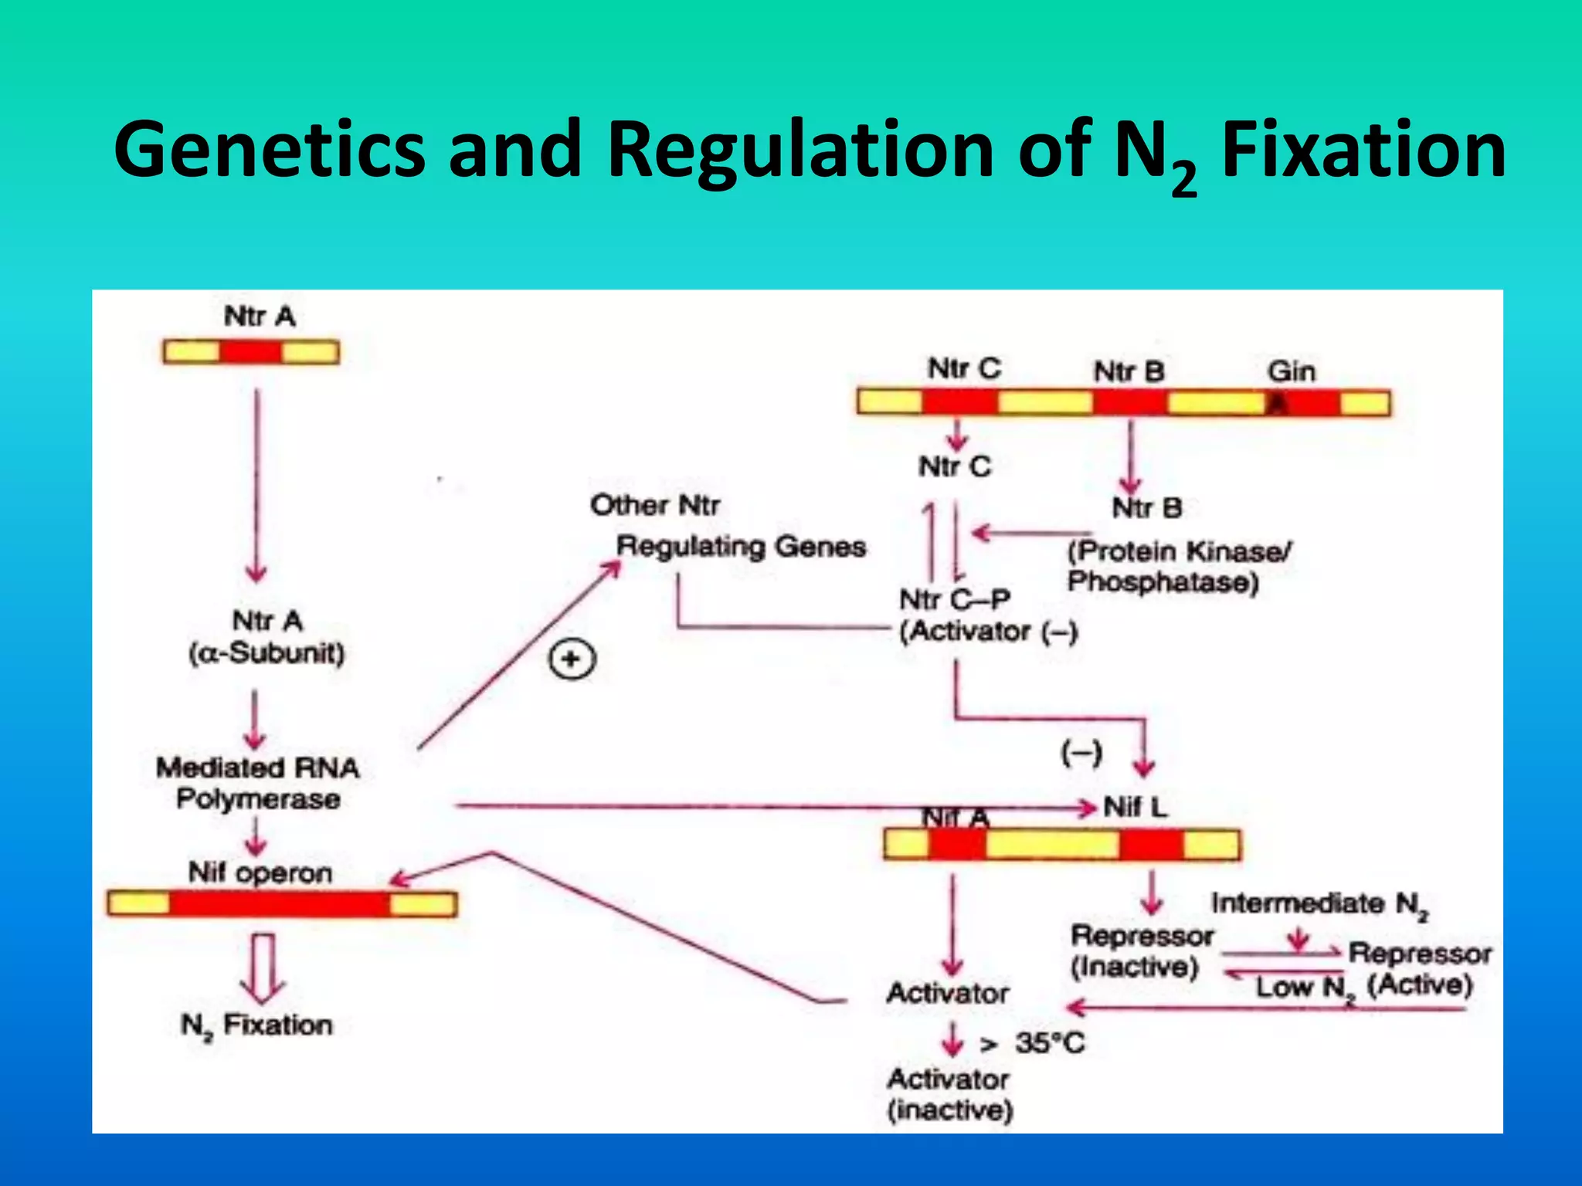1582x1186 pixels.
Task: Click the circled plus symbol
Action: tap(572, 660)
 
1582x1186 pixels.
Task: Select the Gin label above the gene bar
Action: tap(1291, 371)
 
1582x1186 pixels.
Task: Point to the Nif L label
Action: tap(1136, 808)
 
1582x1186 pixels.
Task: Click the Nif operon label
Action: tap(260, 873)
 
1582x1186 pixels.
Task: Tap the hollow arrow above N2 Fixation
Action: tap(262, 968)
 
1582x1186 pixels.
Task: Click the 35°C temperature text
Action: tap(1050, 1043)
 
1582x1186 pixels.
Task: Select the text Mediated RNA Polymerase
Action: tap(258, 783)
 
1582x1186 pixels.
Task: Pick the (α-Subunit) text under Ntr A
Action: tap(266, 653)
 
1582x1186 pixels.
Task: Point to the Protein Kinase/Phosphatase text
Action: tap(1178, 566)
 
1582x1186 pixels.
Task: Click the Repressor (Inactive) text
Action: tap(1141, 951)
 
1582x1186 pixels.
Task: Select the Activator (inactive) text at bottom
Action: tap(949, 1095)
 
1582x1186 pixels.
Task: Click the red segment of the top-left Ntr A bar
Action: tap(250, 353)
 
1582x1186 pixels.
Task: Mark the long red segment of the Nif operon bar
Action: tap(280, 904)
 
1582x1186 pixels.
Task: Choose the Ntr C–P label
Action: tap(955, 599)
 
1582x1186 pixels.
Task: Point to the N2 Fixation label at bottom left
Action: tap(257, 1025)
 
